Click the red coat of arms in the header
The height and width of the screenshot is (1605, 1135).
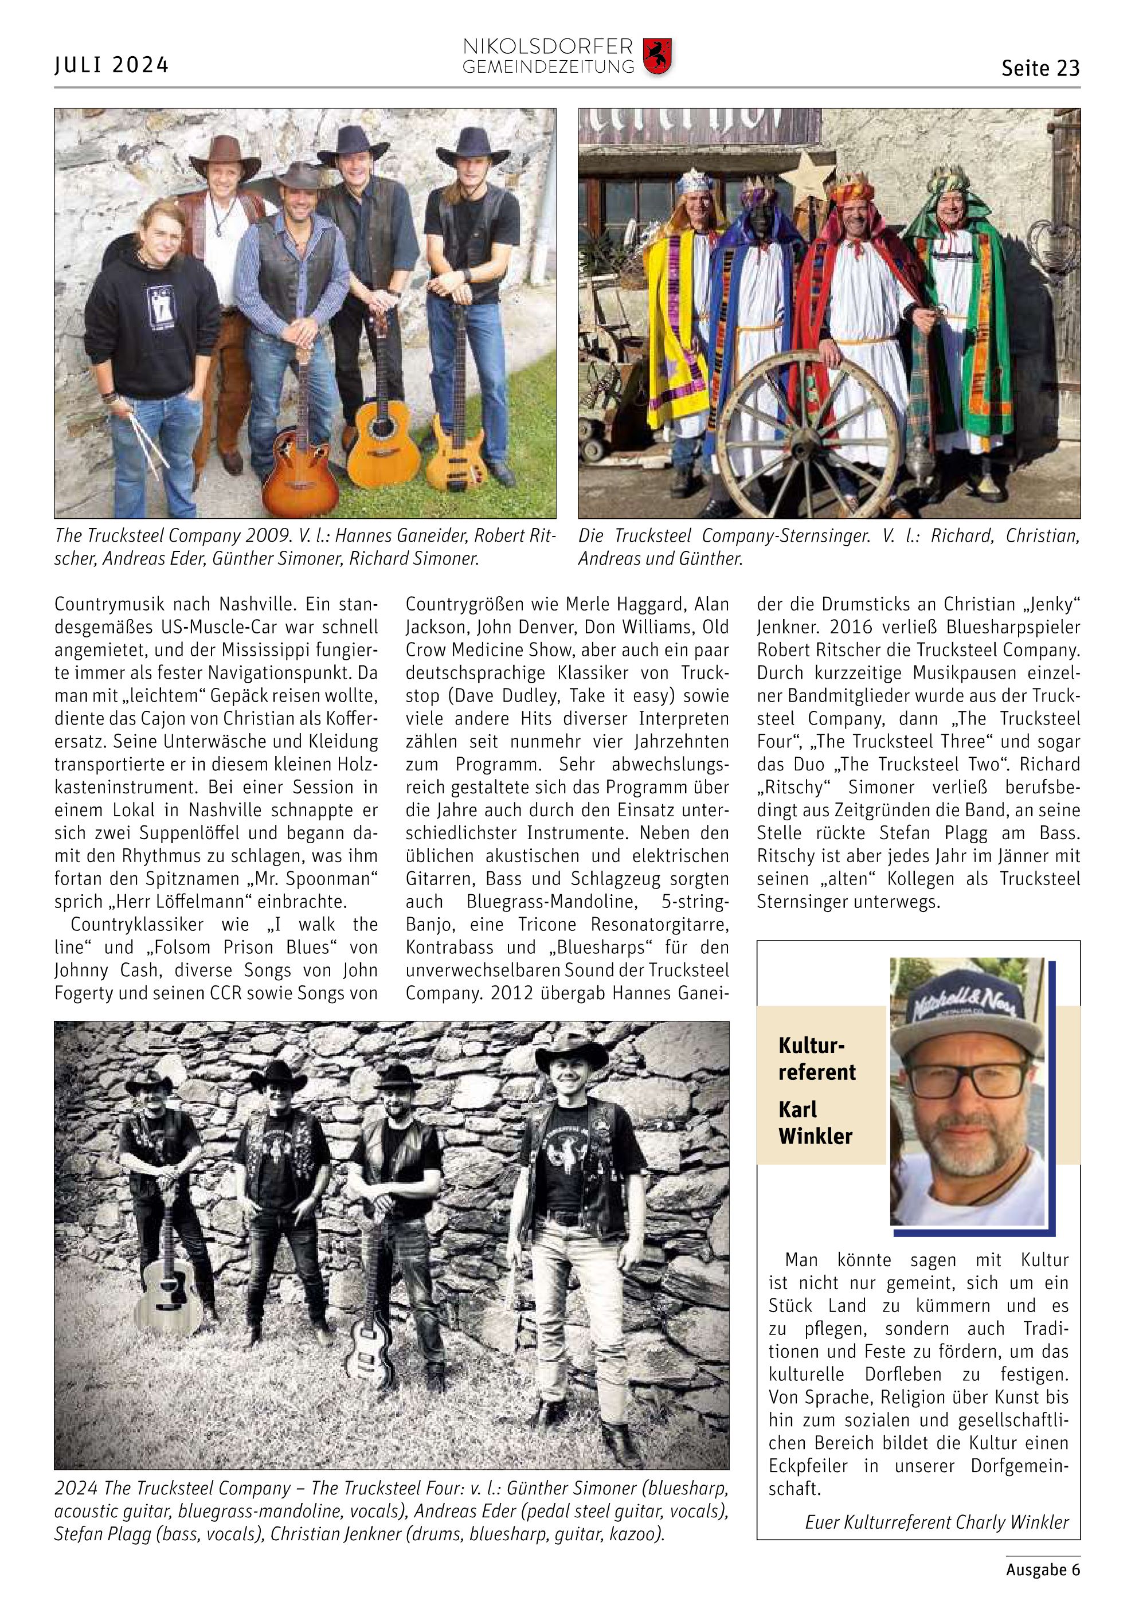(x=656, y=57)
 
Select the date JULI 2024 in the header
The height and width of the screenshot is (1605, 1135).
(x=112, y=65)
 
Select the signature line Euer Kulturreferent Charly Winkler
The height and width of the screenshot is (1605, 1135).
(x=937, y=1522)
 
